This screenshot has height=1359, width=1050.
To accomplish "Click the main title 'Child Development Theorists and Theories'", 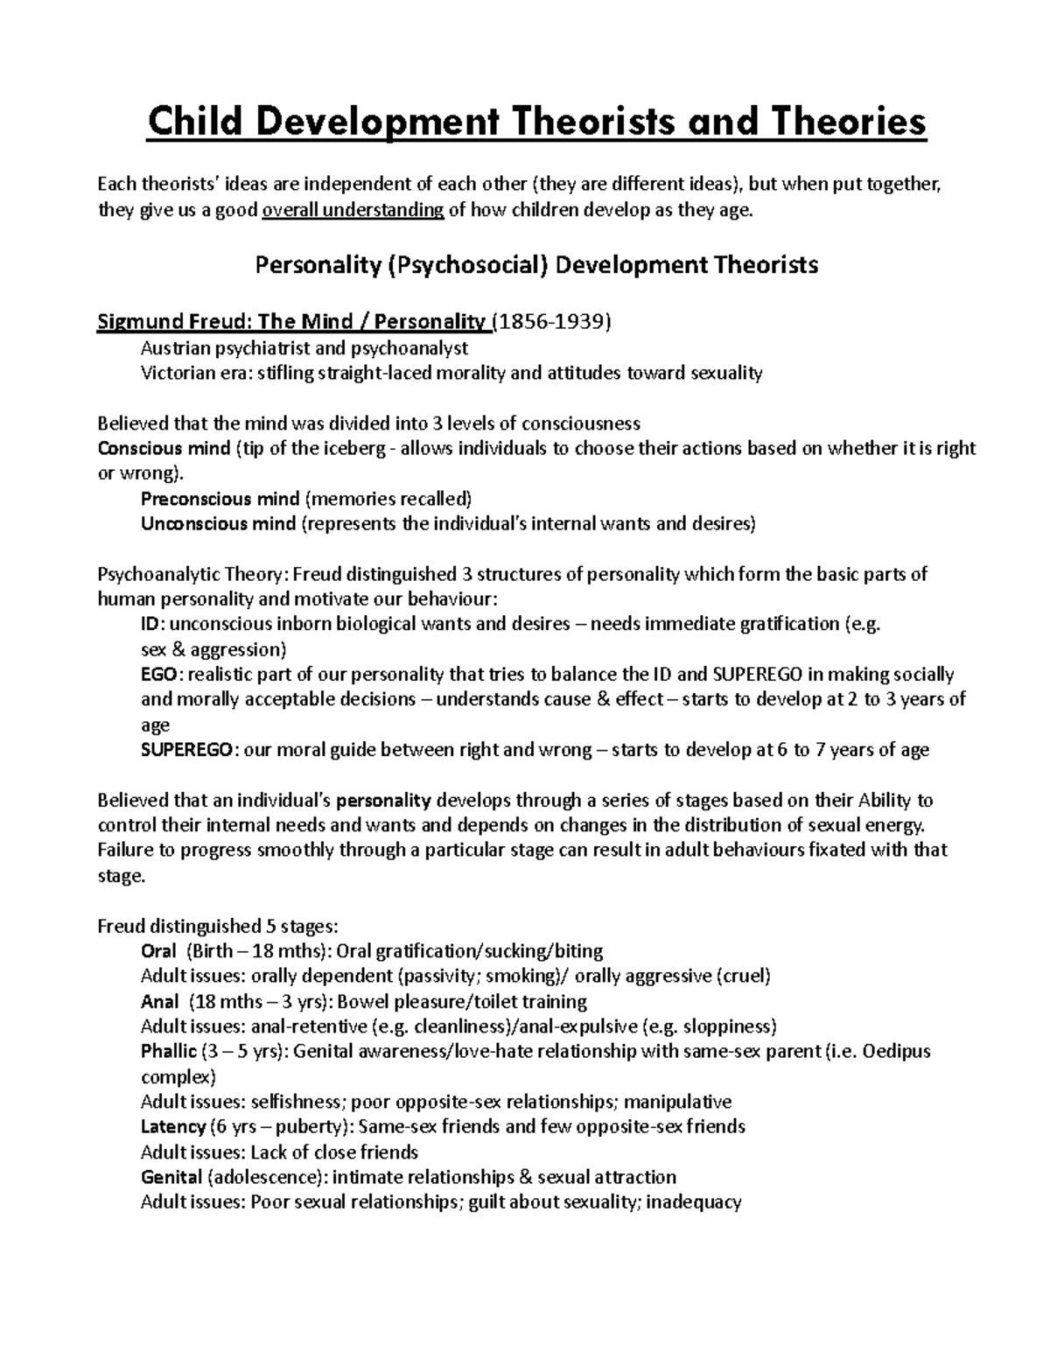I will click(x=535, y=123).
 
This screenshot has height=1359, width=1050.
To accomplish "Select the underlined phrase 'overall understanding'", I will click(x=353, y=210).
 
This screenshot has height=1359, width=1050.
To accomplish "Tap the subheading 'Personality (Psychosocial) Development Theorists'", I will click(x=535, y=265).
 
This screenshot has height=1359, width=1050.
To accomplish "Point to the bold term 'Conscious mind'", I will click(x=163, y=449).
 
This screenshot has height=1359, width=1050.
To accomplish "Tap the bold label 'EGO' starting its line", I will click(x=158, y=675).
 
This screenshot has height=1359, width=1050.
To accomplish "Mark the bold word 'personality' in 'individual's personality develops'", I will click(x=383, y=800).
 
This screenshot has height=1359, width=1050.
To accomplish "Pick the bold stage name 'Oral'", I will click(x=158, y=951).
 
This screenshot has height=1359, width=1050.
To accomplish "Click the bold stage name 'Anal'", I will click(x=159, y=1001).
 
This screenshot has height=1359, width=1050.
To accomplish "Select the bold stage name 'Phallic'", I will click(x=168, y=1051).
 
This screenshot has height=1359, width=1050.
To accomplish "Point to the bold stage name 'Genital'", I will click(x=171, y=1177).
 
